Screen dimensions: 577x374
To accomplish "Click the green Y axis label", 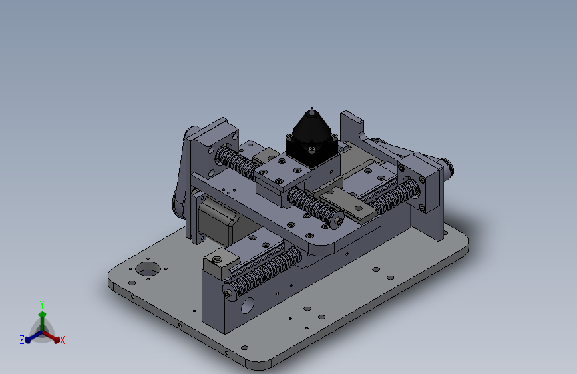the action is [x=42, y=304].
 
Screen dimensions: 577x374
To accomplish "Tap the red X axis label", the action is [x=62, y=340].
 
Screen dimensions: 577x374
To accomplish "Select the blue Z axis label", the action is [x=22, y=340].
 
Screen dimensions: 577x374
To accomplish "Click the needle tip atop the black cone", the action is [x=312, y=108].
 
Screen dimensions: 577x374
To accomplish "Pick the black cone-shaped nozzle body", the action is [x=312, y=129].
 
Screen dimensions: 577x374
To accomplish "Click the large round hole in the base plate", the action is [x=148, y=269].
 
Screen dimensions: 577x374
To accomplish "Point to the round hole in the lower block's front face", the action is [x=248, y=305].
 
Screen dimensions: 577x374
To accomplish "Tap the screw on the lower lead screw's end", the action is [x=228, y=293].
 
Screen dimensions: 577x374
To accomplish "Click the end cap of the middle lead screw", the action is [x=338, y=221].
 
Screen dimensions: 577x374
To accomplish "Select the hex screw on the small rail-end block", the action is [x=218, y=260].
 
